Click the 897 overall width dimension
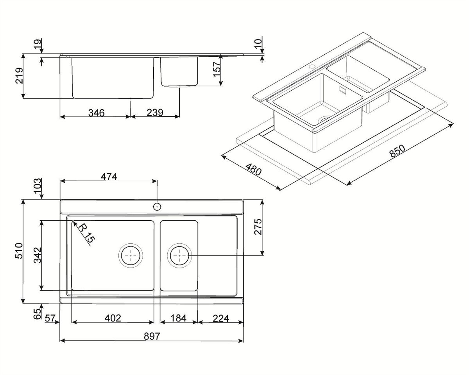pyautogui.click(x=152, y=336)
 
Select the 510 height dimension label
pyautogui.click(x=19, y=251)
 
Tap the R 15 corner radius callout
pyautogui.click(x=86, y=233)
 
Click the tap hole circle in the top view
pyautogui.click(x=157, y=207)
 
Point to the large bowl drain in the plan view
pyautogui.click(x=131, y=255)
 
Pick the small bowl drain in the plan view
pyautogui.click(x=179, y=255)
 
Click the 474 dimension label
pyautogui.click(x=109, y=177)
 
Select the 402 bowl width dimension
pyautogui.click(x=113, y=318)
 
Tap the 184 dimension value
pyautogui.click(x=179, y=318)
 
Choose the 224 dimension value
pyautogui.click(x=221, y=318)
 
